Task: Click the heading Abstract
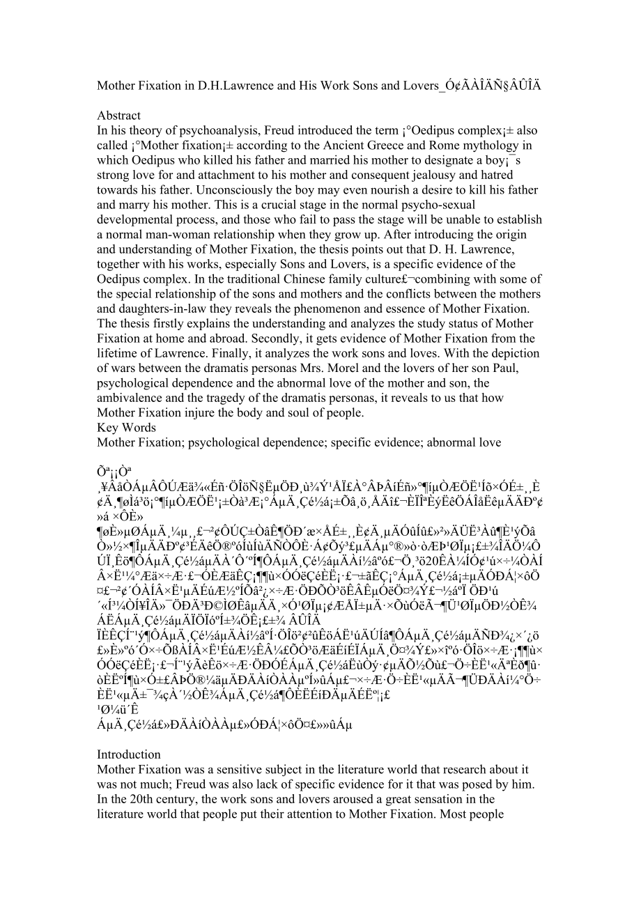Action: click(118, 116)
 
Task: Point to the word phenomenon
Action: click(348, 309)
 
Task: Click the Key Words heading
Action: click(126, 428)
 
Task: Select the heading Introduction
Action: click(129, 754)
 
